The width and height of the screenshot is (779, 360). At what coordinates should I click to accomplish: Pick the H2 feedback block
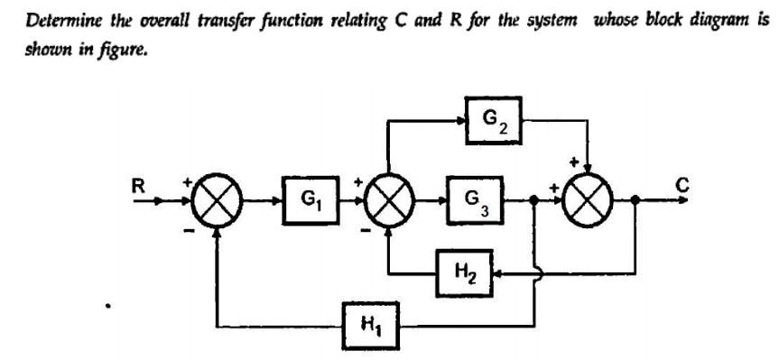click(464, 268)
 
